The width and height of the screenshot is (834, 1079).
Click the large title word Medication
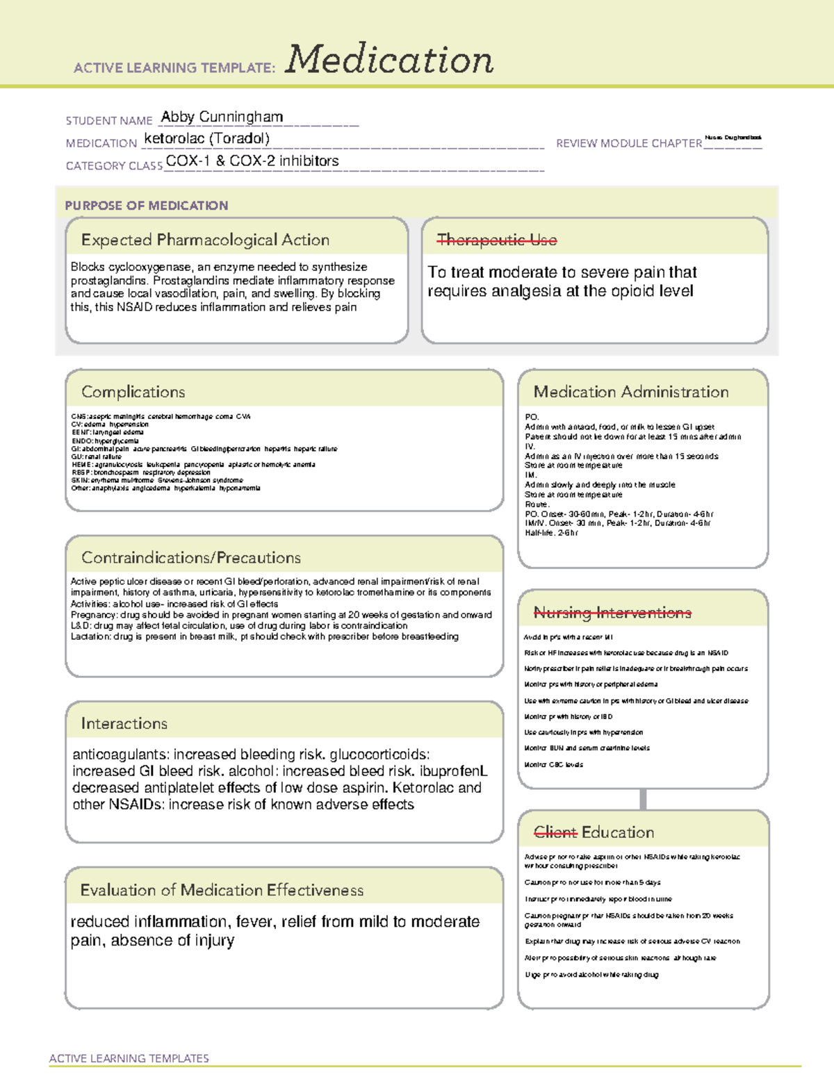click(389, 60)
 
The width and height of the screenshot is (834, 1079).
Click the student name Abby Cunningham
click(222, 117)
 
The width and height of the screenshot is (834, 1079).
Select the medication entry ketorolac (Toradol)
click(206, 138)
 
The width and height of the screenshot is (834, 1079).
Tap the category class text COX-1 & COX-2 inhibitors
click(252, 161)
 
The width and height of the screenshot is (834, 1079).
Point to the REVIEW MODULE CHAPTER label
click(628, 143)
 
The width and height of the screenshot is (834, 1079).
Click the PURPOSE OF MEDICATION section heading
click(146, 206)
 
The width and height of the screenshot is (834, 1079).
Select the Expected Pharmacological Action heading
click(205, 240)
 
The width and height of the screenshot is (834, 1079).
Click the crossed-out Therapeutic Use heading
click(496, 240)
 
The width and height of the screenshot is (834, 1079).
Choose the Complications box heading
click(133, 392)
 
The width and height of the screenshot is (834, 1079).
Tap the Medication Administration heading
click(630, 392)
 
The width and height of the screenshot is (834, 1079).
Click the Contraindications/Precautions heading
click(190, 558)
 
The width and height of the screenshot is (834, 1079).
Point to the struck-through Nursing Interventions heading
click(612, 613)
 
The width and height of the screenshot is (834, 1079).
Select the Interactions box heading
click(124, 724)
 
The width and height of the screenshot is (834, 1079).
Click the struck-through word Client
click(555, 832)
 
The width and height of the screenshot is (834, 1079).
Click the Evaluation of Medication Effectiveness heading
click(222, 890)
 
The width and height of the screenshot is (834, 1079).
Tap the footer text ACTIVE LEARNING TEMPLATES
click(129, 1058)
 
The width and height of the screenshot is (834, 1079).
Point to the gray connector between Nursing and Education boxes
click(643, 799)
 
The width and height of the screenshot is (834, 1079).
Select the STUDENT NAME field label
click(108, 121)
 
